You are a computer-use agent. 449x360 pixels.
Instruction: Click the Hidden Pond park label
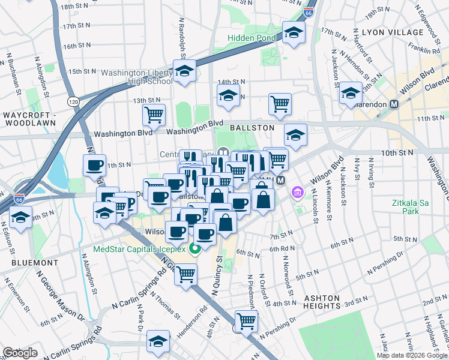coord(251,38)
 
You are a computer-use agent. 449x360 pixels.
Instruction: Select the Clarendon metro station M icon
coord(394,104)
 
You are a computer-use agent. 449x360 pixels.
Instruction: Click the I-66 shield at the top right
coord(308,11)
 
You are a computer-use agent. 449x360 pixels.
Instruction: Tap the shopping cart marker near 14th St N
coord(280,103)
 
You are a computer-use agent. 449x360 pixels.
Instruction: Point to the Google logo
coord(20,353)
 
